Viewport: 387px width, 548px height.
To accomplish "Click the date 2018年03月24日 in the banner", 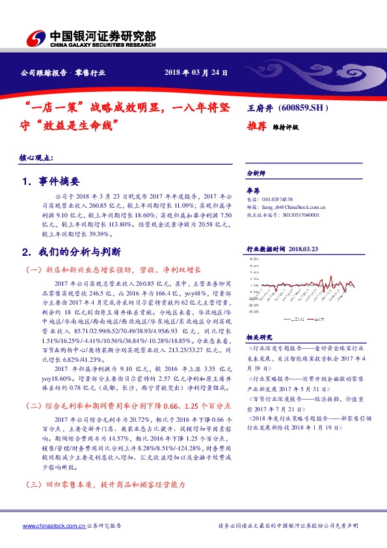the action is [x=196, y=73].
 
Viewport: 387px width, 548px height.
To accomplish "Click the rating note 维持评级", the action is [x=286, y=128].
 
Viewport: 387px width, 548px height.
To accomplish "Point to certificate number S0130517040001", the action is [x=298, y=214].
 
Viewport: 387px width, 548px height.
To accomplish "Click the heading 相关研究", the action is [x=256, y=337].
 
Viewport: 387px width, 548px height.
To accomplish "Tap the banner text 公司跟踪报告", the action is [x=44, y=74].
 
